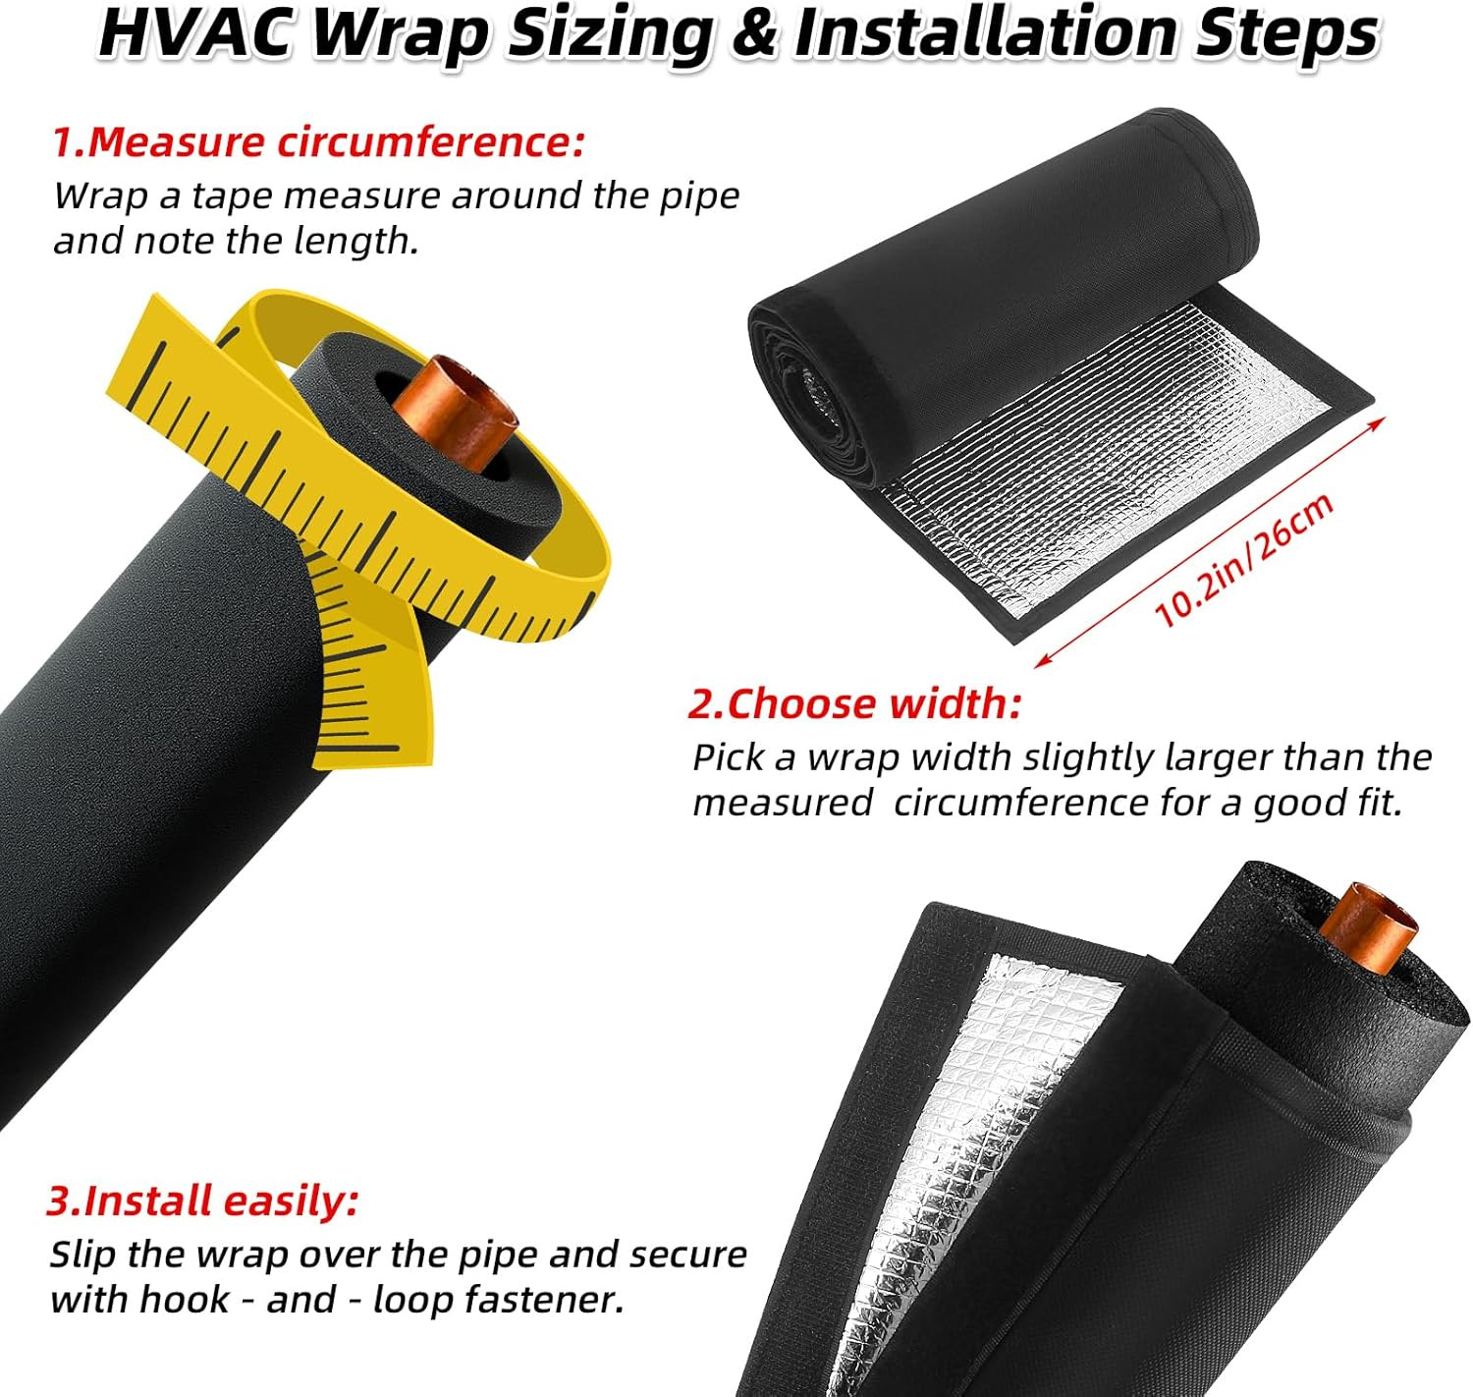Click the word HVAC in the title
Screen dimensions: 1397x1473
[x=195, y=34]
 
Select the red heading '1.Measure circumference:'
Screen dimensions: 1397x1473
[x=317, y=141]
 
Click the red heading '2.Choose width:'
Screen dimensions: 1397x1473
[x=854, y=703]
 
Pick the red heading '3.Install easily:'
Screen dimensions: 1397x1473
[x=202, y=1200]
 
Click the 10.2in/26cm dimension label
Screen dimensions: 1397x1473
[x=1243, y=560]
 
